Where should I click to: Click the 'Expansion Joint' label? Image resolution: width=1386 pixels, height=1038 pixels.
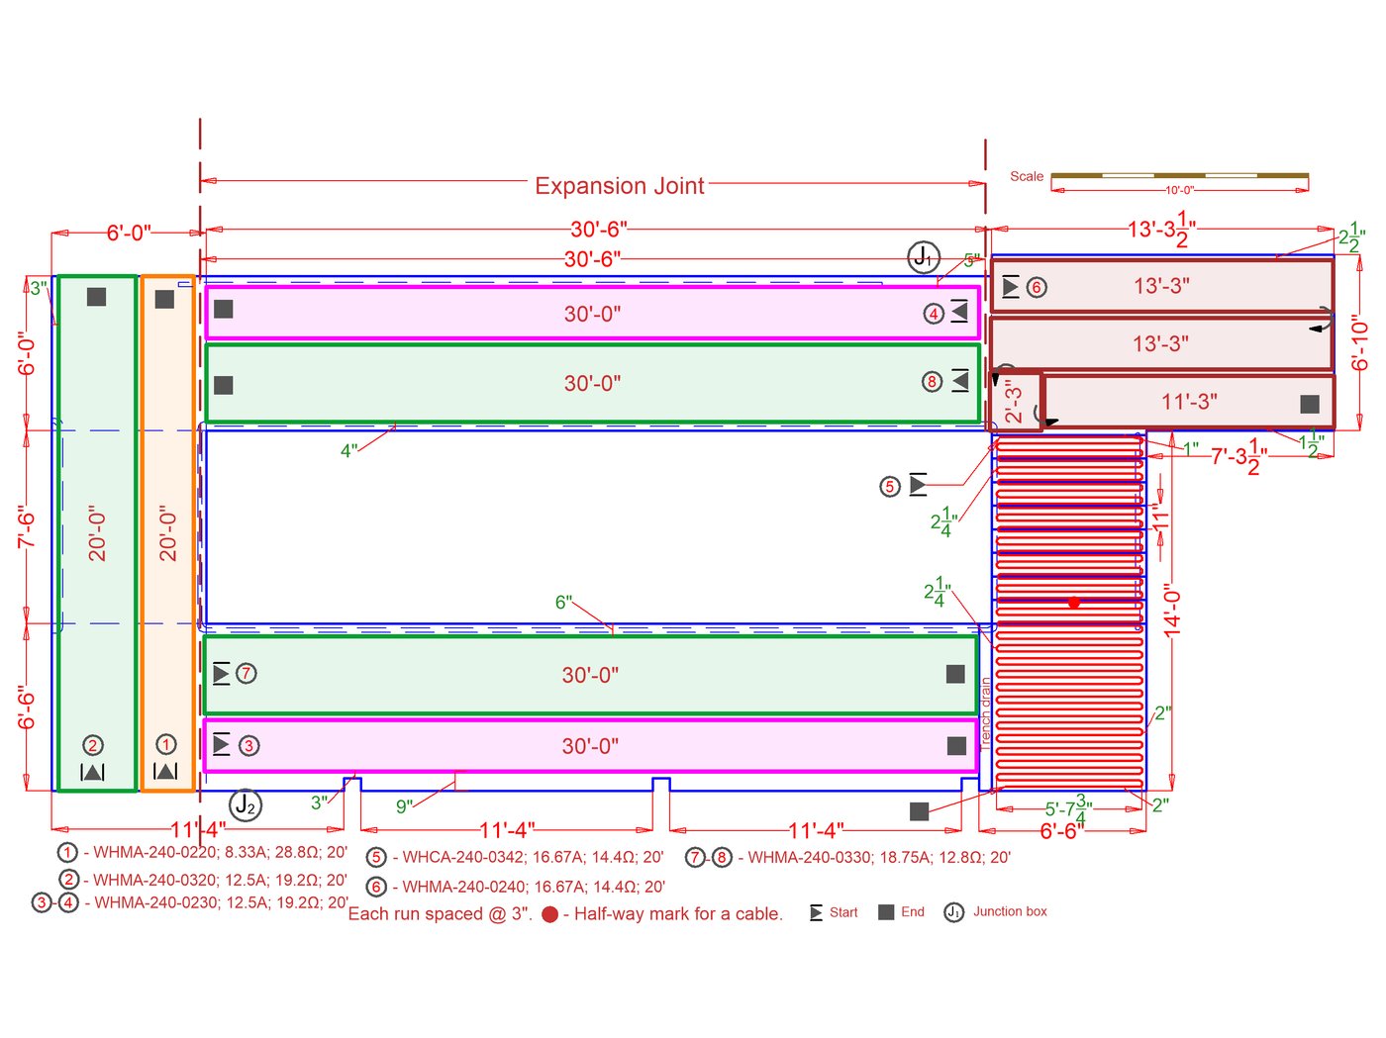[x=620, y=186]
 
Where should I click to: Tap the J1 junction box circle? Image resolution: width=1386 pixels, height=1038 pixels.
[x=924, y=258]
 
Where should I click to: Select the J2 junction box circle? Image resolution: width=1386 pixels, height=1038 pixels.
[x=246, y=805]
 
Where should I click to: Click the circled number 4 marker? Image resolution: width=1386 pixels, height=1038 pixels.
[x=934, y=314]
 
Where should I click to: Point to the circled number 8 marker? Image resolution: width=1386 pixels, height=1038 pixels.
[x=932, y=381]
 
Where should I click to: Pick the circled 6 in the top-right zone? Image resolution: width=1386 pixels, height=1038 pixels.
[x=1036, y=288]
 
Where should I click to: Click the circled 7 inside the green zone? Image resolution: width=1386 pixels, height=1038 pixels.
[x=247, y=674]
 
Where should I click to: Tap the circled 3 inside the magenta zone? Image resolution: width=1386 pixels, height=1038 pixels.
[x=249, y=745]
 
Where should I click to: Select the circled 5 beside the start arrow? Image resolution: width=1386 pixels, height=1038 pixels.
[x=890, y=486]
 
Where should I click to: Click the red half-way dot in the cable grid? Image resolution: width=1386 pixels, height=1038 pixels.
[x=1074, y=602]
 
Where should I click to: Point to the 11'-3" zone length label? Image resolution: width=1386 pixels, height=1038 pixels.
[x=1189, y=402]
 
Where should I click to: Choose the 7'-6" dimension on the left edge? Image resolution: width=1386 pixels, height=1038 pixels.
[x=27, y=526]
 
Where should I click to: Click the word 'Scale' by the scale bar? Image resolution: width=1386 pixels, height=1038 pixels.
[x=1027, y=176]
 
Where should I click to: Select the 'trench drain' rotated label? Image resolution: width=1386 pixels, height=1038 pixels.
[x=986, y=710]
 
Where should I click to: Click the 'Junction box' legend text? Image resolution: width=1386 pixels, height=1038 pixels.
[x=1010, y=911]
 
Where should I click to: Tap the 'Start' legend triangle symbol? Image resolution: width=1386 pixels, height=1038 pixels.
[x=816, y=912]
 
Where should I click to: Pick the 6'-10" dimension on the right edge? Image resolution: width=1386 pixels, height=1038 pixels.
[x=1360, y=342]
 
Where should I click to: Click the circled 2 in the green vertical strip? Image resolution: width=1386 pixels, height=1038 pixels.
[x=93, y=745]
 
